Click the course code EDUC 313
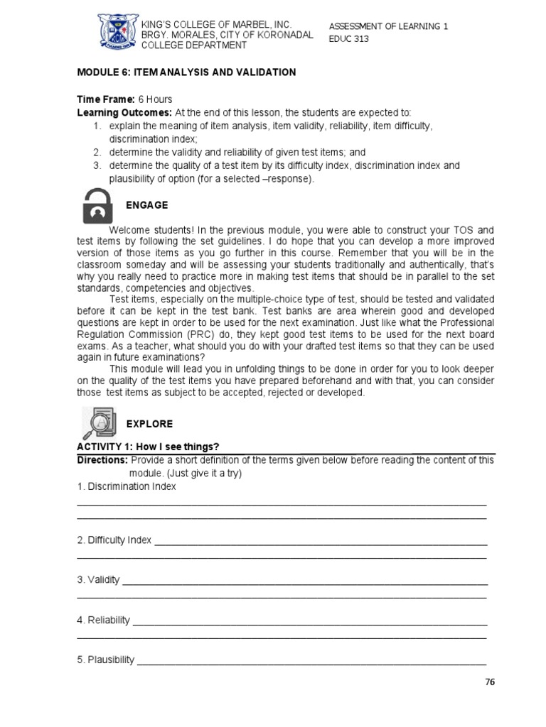pos(348,39)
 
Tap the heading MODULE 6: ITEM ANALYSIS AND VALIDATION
pos(186,72)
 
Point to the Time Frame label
pos(105,99)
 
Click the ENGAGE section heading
pos(146,205)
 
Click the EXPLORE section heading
pos(149,424)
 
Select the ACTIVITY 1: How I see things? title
pos(148,446)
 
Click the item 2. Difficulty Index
pos(114,540)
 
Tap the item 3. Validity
pos(98,580)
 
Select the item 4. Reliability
pos(103,620)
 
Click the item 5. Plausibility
pos(105,660)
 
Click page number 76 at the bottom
pos(489,682)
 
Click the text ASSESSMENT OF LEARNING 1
pos(388,27)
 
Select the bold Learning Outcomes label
pos(124,113)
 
